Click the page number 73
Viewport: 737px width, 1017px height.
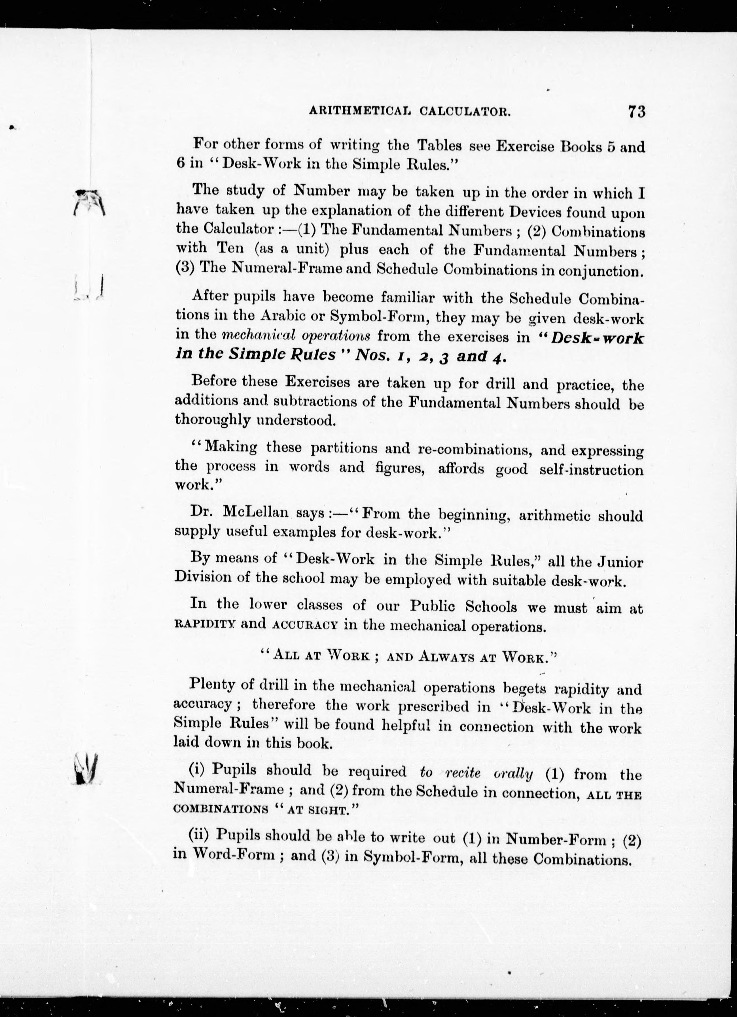point(636,111)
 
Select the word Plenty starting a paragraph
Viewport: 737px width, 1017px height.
point(213,685)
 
